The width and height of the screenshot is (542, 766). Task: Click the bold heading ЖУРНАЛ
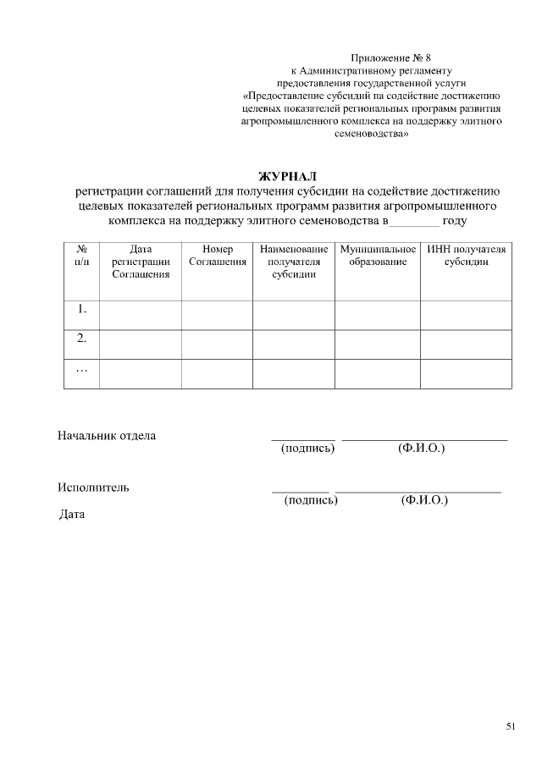tap(287, 176)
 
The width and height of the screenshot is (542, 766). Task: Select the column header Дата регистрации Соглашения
tap(141, 262)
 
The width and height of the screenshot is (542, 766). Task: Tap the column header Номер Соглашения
tap(218, 256)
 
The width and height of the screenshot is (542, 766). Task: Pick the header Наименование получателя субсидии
tap(294, 262)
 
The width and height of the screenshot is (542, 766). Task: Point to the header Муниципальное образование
tap(378, 256)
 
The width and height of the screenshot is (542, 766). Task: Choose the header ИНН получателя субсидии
tap(466, 256)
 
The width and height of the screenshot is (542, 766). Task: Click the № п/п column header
tap(82, 256)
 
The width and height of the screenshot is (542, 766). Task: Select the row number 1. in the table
tap(82, 310)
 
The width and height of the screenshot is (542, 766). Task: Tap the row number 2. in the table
tap(82, 339)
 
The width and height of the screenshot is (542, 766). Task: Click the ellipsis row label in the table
tap(82, 368)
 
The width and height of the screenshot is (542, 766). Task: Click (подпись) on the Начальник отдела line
tap(307, 448)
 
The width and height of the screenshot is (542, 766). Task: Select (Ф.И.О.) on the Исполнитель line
tap(424, 500)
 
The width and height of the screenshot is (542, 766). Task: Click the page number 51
tap(511, 726)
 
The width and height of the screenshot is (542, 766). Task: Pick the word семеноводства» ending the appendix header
tap(372, 134)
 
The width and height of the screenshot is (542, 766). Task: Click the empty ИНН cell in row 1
tap(466, 314)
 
